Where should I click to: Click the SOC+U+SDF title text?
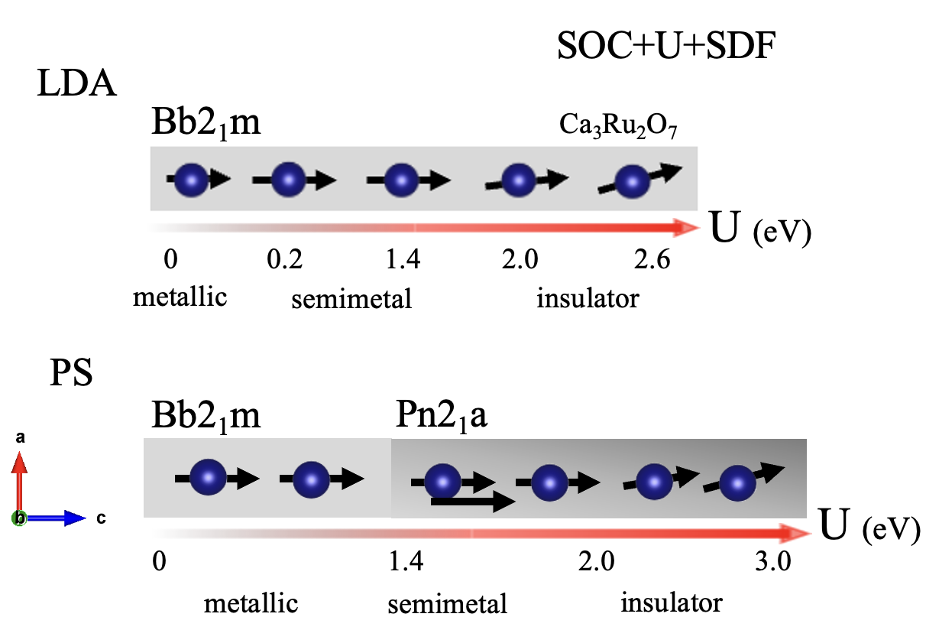coord(667,49)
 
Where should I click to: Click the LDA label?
coord(76,84)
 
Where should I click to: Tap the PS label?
coord(70,376)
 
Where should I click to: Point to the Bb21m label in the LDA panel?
coord(206,123)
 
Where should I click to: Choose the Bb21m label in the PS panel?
coord(206,417)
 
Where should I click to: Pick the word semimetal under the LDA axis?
coord(351,299)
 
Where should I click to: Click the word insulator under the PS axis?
coord(671,602)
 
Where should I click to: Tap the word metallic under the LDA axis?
coord(180,296)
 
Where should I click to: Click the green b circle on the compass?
coord(19,518)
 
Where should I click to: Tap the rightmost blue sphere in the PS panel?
coord(737,482)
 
